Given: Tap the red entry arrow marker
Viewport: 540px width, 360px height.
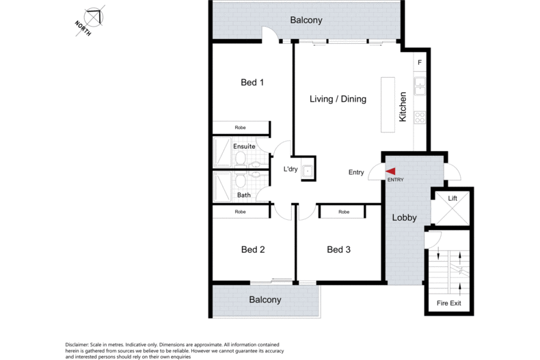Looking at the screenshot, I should tap(392, 171).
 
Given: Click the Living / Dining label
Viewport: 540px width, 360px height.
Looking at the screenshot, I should tap(338, 99).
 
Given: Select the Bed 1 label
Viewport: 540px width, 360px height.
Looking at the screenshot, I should tap(252, 83).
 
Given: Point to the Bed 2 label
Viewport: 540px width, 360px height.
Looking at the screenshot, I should tap(252, 249).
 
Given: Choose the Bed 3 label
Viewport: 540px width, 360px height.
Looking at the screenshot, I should tap(338, 249).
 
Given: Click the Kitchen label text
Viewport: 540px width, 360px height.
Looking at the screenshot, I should tap(403, 107).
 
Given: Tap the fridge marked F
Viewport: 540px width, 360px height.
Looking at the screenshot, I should tap(420, 64).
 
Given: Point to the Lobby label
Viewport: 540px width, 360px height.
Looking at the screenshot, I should tap(405, 218).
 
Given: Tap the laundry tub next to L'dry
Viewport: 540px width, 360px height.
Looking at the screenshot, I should tap(308, 170).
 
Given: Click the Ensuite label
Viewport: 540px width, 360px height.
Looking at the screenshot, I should tap(244, 146).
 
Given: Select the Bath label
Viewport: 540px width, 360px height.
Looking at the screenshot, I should tap(244, 195).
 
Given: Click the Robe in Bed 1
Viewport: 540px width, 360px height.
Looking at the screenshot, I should tap(240, 128).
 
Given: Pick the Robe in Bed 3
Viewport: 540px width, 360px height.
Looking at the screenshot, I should tap(344, 212).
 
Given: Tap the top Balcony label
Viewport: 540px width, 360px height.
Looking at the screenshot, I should tap(306, 20).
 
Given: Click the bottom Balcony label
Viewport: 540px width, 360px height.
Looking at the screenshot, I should tap(265, 300).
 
